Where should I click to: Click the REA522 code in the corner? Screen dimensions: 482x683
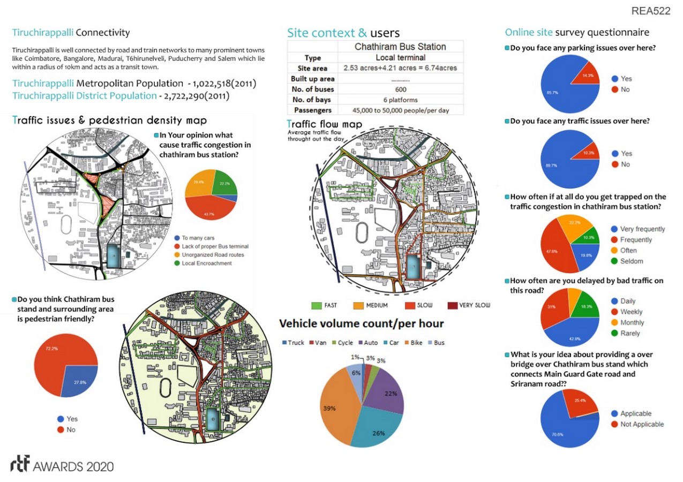(650, 11)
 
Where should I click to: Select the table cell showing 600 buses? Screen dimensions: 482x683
(400, 89)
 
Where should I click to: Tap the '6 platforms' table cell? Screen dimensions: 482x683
(400, 100)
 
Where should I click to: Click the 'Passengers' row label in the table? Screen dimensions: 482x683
(312, 110)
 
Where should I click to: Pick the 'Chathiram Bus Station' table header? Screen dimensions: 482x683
(400, 47)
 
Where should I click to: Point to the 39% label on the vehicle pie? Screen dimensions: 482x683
(329, 408)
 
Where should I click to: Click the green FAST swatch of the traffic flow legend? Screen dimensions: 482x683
(317, 306)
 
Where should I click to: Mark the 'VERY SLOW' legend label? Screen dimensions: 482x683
(475, 306)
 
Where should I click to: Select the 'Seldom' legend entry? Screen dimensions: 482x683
(632, 261)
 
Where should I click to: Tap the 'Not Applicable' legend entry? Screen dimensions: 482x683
(642, 424)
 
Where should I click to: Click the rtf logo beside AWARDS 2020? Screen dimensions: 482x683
(20, 464)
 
